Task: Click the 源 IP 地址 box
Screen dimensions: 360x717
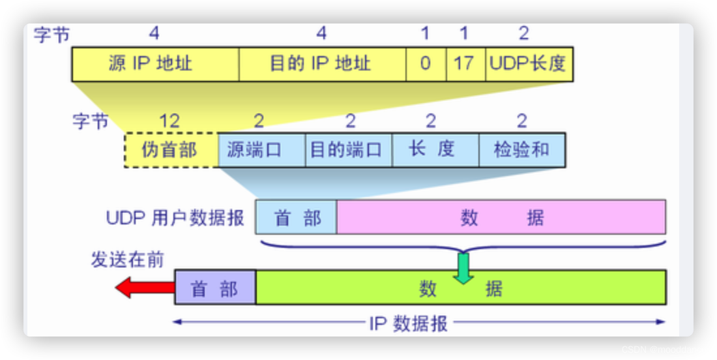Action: click(155, 64)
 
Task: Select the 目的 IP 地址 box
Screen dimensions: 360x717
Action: click(322, 64)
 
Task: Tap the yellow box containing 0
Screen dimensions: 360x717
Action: click(426, 64)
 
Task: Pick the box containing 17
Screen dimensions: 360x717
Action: click(465, 64)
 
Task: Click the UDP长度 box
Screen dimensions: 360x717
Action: click(529, 64)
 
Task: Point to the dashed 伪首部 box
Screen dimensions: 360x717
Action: click(170, 150)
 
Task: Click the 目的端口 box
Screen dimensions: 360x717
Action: click(348, 150)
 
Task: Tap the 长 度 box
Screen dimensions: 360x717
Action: click(435, 150)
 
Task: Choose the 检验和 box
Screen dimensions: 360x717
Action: click(521, 150)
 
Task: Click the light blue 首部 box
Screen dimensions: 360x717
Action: click(297, 217)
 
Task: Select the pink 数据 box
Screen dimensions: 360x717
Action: click(501, 217)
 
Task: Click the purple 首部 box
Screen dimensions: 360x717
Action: click(215, 288)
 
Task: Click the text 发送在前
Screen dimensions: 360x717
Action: click(127, 260)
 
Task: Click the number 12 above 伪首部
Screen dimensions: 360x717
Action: click(169, 120)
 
